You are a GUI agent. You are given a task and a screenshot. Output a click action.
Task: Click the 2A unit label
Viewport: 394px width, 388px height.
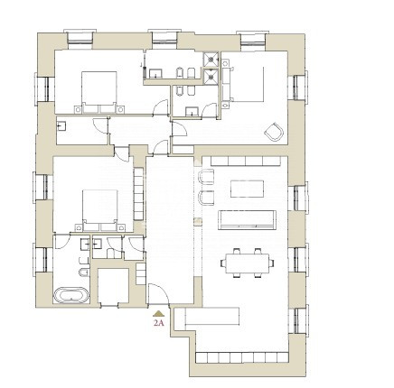click(x=158, y=323)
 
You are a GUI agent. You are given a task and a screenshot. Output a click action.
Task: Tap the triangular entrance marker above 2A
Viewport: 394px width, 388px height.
click(x=158, y=314)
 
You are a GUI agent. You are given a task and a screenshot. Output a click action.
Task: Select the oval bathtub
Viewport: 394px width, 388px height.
click(x=71, y=295)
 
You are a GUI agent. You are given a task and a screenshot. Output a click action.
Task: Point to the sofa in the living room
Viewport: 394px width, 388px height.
click(x=247, y=220)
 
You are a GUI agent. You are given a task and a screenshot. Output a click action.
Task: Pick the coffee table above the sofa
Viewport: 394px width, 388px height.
click(x=247, y=189)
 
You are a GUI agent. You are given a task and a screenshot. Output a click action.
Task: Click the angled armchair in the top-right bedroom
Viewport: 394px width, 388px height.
click(x=274, y=132)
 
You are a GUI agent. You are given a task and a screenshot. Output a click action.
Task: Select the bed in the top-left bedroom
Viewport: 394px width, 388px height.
click(x=99, y=92)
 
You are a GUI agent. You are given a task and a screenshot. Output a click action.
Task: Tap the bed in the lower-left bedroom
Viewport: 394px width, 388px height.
click(x=99, y=210)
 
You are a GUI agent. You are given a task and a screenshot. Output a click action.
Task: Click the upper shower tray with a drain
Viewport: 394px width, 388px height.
click(x=211, y=60)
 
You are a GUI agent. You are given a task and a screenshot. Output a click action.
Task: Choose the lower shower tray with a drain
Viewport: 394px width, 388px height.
click(x=211, y=78)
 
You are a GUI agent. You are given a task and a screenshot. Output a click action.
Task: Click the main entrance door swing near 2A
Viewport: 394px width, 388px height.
click(x=159, y=294)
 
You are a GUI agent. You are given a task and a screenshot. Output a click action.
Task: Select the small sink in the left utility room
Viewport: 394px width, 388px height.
click(x=62, y=125)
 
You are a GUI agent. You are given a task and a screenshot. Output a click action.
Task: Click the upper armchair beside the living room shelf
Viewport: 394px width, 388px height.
click(x=206, y=177)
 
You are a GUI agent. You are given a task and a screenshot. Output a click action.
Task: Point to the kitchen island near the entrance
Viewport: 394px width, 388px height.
click(x=211, y=316)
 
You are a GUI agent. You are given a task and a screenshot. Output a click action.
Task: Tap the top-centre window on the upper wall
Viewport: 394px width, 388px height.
click(x=164, y=40)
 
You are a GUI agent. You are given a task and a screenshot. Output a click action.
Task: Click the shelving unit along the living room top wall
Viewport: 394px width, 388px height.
click(x=246, y=161)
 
